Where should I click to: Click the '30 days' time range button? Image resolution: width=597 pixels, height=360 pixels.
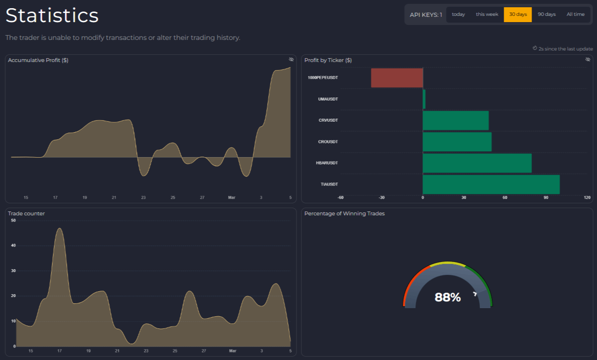pos(518,14)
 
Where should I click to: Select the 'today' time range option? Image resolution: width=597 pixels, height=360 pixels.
pos(458,14)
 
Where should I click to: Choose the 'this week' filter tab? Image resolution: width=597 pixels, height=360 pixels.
pos(487,14)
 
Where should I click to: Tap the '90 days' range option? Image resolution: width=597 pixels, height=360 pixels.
pos(547,14)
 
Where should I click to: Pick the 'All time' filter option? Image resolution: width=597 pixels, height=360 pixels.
pos(575,14)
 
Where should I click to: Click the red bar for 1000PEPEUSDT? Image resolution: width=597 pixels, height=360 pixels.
pos(397,78)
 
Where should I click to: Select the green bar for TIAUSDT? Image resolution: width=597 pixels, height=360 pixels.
pos(491,184)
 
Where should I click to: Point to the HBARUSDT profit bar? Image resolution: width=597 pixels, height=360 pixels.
pos(477,163)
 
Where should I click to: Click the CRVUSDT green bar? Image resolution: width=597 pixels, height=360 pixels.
pos(455,120)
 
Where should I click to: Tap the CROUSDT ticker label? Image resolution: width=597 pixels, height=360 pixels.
pos(328,142)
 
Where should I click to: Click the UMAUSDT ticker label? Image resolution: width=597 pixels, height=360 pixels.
pos(328,99)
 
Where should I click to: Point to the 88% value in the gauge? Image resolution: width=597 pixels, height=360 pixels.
pos(448,298)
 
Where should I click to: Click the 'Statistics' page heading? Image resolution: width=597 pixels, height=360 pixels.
pos(52,15)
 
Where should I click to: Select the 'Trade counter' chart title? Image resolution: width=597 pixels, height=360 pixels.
pos(26,213)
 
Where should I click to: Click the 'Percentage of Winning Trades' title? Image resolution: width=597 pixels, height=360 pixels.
pos(344,213)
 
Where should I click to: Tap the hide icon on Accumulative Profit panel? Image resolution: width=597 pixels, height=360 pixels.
pos(291,60)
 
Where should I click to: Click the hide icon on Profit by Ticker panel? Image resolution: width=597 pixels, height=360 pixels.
pos(587,60)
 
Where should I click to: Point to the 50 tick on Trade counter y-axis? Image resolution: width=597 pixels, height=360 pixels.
pos(13,221)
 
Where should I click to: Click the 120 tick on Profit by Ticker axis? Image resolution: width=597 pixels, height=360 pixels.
pos(587,198)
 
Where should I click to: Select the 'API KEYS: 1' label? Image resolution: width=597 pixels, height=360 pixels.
pos(425,14)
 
